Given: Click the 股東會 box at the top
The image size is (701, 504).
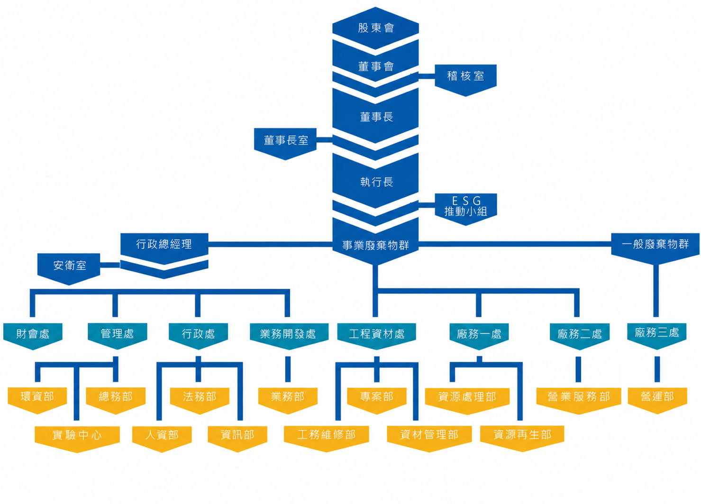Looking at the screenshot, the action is coord(375,28).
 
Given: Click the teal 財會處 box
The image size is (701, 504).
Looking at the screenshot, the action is coord(33,336).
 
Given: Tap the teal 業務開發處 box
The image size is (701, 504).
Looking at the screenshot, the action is coord(289,336).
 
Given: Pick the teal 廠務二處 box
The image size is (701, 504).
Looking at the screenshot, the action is coord(580,336).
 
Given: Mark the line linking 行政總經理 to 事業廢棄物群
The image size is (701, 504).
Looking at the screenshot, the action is coord(270,244).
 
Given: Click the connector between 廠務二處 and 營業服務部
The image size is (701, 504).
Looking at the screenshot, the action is coord(579,369).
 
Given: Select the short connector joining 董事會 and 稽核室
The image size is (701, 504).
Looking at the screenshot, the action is coord(427,76).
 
